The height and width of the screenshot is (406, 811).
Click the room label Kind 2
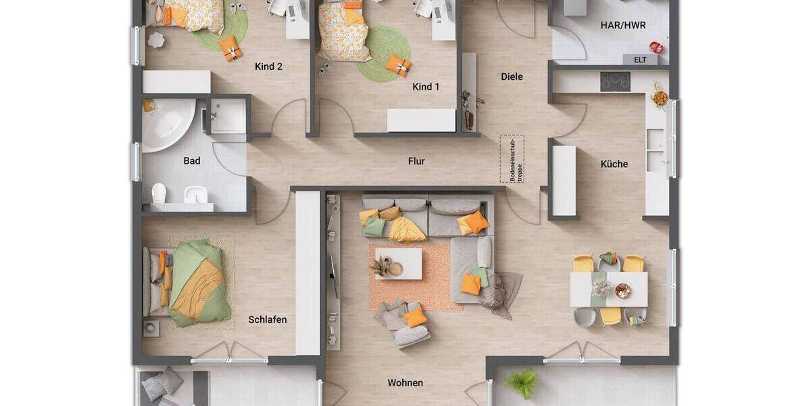tap(268, 66)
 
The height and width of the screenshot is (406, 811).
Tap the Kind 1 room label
tap(426, 87)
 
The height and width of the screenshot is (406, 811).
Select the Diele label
tap(512, 76)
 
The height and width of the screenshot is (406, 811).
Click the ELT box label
tap(640, 60)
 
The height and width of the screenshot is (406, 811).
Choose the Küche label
tap(614, 164)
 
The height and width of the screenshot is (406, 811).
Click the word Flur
tap(416, 161)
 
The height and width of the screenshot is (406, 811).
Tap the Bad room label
tap(192, 161)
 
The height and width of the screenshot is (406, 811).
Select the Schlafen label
tap(268, 319)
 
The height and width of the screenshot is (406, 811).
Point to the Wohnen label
tap(405, 383)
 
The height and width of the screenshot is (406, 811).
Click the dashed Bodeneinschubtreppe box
tap(512, 159)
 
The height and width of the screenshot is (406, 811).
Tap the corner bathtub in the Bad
tap(166, 123)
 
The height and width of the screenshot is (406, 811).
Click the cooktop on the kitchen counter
tap(615, 81)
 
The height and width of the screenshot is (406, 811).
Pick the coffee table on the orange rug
tap(399, 264)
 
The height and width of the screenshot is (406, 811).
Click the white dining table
tap(608, 289)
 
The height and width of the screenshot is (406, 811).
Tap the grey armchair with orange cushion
tap(403, 322)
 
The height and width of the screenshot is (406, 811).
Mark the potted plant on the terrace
tap(522, 383)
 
